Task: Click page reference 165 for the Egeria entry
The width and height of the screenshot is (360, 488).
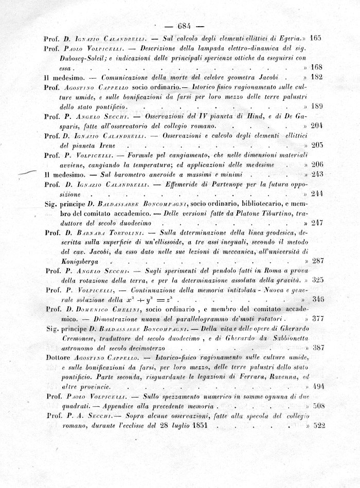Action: (x=316, y=38)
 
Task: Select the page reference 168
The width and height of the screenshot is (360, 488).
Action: (x=316, y=67)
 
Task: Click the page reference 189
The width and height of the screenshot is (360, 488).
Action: (x=316, y=106)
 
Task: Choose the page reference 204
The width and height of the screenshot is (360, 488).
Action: (x=316, y=126)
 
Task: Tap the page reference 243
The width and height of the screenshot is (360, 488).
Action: (x=316, y=174)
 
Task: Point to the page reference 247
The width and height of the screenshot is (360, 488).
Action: (x=316, y=223)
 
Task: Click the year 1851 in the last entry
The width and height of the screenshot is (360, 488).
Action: (x=195, y=426)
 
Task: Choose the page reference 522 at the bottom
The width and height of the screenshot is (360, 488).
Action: (x=317, y=426)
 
